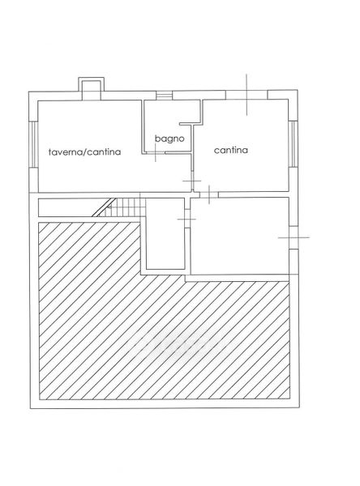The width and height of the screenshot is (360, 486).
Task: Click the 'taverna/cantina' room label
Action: pyautogui.click(x=84, y=151)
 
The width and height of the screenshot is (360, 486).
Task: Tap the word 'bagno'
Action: pyautogui.click(x=169, y=139)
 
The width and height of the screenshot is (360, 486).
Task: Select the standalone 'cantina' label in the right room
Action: pyautogui.click(x=231, y=150)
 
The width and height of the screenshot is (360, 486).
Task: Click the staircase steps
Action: pyautogui.click(x=126, y=207)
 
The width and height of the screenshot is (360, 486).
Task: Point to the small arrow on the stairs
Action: pyautogui.click(x=109, y=207)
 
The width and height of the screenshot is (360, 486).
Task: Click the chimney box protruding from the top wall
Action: pyautogui.click(x=92, y=88)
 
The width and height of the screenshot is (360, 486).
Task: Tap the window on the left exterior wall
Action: pyautogui.click(x=33, y=144)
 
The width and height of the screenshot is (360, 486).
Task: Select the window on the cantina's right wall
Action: pyautogui.click(x=293, y=143)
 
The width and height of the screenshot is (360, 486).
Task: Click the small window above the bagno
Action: pyautogui.click(x=164, y=95)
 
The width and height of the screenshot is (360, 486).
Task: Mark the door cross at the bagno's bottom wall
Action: pyautogui.click(x=156, y=152)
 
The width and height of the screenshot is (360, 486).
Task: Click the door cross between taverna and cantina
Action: pyautogui.click(x=192, y=181)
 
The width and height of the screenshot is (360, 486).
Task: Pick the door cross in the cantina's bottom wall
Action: pyautogui.click(x=209, y=194)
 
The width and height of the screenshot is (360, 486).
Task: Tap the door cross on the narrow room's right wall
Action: pyautogui.click(x=186, y=220)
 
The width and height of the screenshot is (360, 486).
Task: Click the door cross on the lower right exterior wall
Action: pyautogui.click(x=294, y=237)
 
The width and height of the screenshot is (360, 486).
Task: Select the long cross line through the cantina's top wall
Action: pyautogui.click(x=246, y=95)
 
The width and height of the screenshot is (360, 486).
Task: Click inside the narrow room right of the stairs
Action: pyautogui.click(x=165, y=233)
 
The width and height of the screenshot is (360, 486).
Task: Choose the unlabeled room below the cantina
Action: pyautogui.click(x=239, y=236)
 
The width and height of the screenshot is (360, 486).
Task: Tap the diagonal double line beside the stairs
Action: pyautogui.click(x=105, y=207)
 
